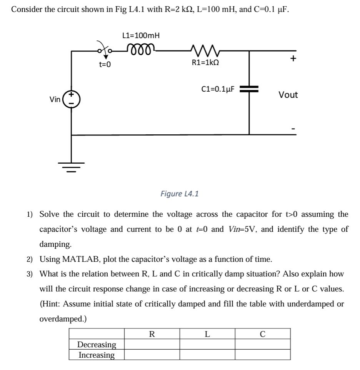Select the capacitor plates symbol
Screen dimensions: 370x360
[249, 89]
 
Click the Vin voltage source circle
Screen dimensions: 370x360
[72, 99]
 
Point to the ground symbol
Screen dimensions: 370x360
[72, 166]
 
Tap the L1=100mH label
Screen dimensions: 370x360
[141, 36]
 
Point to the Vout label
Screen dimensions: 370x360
[288, 95]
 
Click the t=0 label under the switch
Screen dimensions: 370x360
[105, 64]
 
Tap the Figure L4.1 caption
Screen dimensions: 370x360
[180, 193]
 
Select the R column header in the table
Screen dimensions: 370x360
[152, 334]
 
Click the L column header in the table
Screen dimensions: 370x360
[207, 334]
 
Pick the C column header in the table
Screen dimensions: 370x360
[263, 334]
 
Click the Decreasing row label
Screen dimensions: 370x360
[97, 344]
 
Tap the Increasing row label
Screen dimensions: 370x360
[97, 355]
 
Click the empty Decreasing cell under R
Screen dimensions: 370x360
[152, 344]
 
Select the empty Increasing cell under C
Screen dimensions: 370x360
[263, 355]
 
